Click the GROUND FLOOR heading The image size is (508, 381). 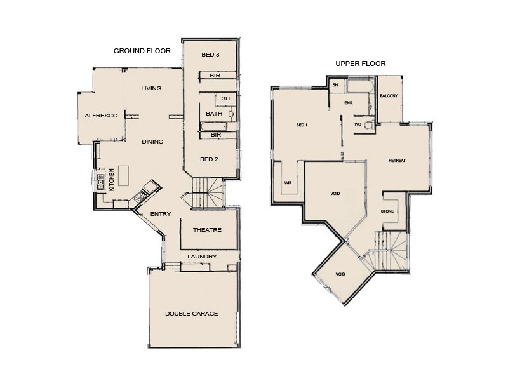coord(142,51)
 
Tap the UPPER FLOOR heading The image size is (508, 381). coord(361,63)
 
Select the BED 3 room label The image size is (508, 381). coord(210,55)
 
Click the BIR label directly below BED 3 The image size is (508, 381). coord(215,76)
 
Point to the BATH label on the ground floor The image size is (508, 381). coord(213,114)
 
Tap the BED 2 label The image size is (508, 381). coord(210,159)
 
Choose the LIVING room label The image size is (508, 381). coord(151,88)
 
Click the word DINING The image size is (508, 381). coord(152,142)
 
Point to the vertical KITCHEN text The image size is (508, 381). coord(112,180)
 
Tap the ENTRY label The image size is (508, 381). coord(160,214)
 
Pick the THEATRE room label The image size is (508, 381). coord(207,230)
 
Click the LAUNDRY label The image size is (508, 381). coord(203,257)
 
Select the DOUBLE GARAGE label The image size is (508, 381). coord(192,314)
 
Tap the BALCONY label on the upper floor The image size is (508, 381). coord(389,96)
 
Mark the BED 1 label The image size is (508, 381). coord(302,124)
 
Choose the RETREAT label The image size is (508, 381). coord(397,160)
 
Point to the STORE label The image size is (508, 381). coord(387,211)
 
